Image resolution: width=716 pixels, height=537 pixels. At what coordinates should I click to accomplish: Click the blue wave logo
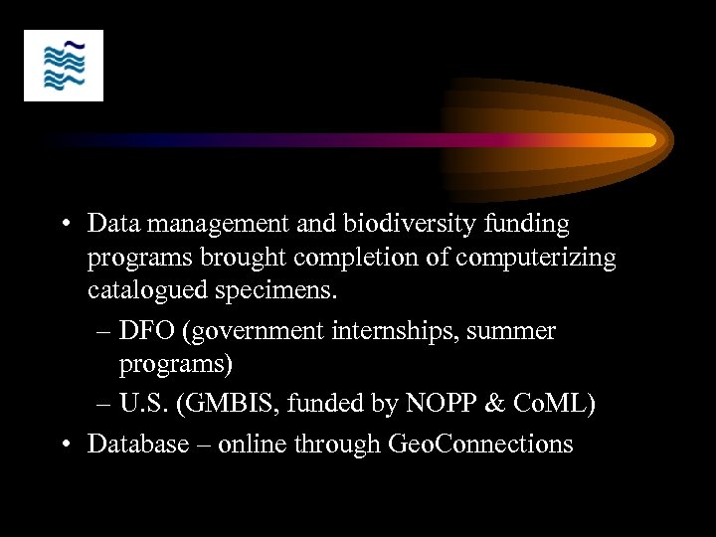pyautogui.click(x=64, y=66)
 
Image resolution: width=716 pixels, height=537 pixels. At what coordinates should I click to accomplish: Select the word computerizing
pyautogui.click(x=541, y=258)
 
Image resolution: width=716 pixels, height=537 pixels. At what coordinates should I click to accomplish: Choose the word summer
pyautogui.click(x=515, y=330)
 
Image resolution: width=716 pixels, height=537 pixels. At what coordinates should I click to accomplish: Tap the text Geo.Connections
pyautogui.click(x=477, y=443)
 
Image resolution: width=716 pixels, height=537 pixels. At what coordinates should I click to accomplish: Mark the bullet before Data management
pyautogui.click(x=62, y=224)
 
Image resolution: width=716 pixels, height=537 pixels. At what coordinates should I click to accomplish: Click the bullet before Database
pyautogui.click(x=62, y=443)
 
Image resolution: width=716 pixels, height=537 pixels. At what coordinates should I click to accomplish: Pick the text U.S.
pyautogui.click(x=143, y=405)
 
